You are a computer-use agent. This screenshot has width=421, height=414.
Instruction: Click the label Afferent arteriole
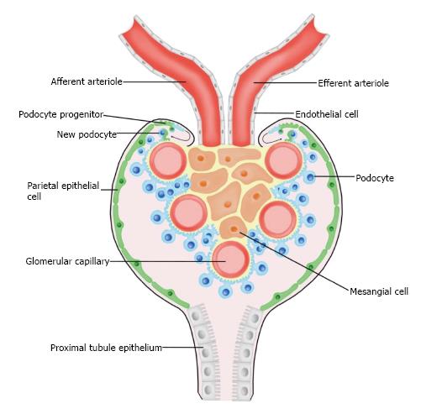click(87, 81)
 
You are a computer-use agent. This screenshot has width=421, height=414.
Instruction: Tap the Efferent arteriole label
click(353, 83)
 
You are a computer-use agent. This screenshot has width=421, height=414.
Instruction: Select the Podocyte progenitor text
click(61, 114)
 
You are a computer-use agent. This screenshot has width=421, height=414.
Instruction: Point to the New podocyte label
click(87, 134)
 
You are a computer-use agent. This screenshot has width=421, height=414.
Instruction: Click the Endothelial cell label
click(327, 114)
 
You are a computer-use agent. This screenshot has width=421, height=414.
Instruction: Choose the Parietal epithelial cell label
click(63, 191)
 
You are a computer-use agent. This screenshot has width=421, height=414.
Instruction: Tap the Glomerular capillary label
click(67, 261)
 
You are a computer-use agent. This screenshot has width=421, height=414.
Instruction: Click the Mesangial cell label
click(379, 291)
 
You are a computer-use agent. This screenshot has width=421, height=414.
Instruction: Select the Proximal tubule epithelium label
click(106, 348)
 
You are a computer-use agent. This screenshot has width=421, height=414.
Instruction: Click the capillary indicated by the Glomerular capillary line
click(231, 259)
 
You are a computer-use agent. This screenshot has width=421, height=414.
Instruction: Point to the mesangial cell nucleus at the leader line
click(234, 229)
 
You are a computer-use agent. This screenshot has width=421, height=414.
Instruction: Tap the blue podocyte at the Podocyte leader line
click(310, 177)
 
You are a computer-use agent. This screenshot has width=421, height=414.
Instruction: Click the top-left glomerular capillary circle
click(168, 160)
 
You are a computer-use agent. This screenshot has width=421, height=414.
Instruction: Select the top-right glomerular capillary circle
click(284, 160)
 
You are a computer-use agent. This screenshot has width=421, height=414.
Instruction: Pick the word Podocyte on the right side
click(375, 178)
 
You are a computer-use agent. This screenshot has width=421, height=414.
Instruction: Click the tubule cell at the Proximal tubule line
click(206, 353)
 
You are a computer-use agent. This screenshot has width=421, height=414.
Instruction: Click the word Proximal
click(69, 348)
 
